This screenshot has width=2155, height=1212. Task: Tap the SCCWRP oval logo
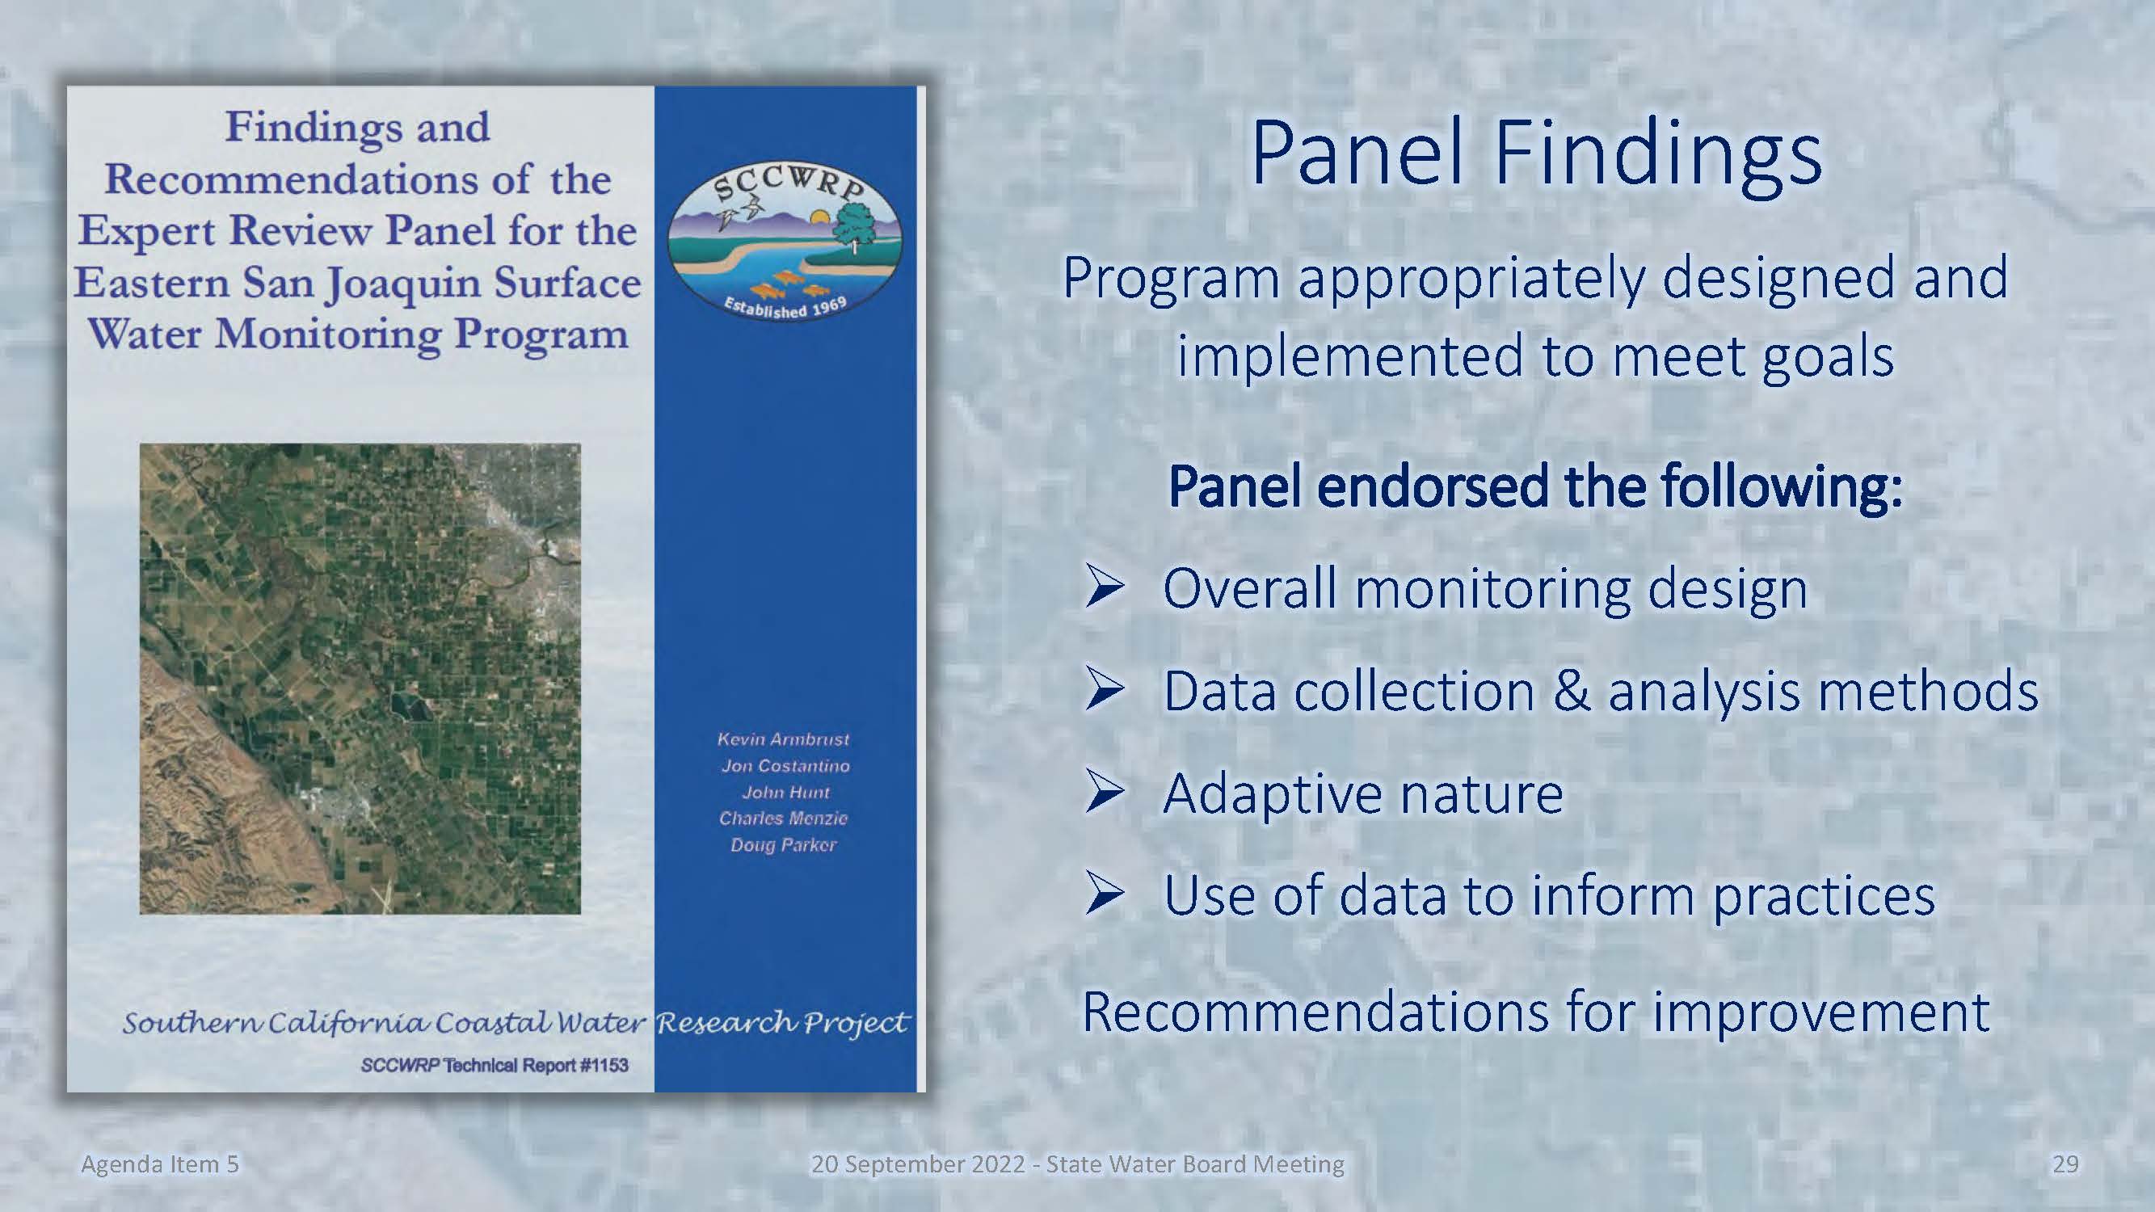click(x=785, y=242)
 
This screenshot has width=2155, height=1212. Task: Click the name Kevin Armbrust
click(x=783, y=739)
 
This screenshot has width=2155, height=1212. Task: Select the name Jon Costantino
click(x=785, y=766)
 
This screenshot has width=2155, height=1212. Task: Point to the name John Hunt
click(x=785, y=792)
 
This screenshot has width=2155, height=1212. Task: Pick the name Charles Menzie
click(x=783, y=818)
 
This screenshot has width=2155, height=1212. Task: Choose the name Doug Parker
click(x=783, y=845)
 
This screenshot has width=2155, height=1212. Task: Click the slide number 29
click(x=2065, y=1164)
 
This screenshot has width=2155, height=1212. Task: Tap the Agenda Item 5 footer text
click(x=160, y=1164)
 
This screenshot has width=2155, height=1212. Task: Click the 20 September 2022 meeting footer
click(x=1078, y=1164)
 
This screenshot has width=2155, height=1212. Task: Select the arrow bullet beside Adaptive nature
click(x=1105, y=792)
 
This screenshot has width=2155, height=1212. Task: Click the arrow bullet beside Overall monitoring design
click(x=1105, y=587)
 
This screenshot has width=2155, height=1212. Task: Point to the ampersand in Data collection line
click(x=1571, y=692)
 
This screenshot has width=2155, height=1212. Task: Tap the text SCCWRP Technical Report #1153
click(x=495, y=1065)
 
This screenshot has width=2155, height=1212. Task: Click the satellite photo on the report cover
click(x=360, y=679)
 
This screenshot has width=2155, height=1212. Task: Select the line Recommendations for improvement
click(x=1535, y=1012)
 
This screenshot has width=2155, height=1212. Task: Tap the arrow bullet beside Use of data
click(x=1105, y=894)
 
